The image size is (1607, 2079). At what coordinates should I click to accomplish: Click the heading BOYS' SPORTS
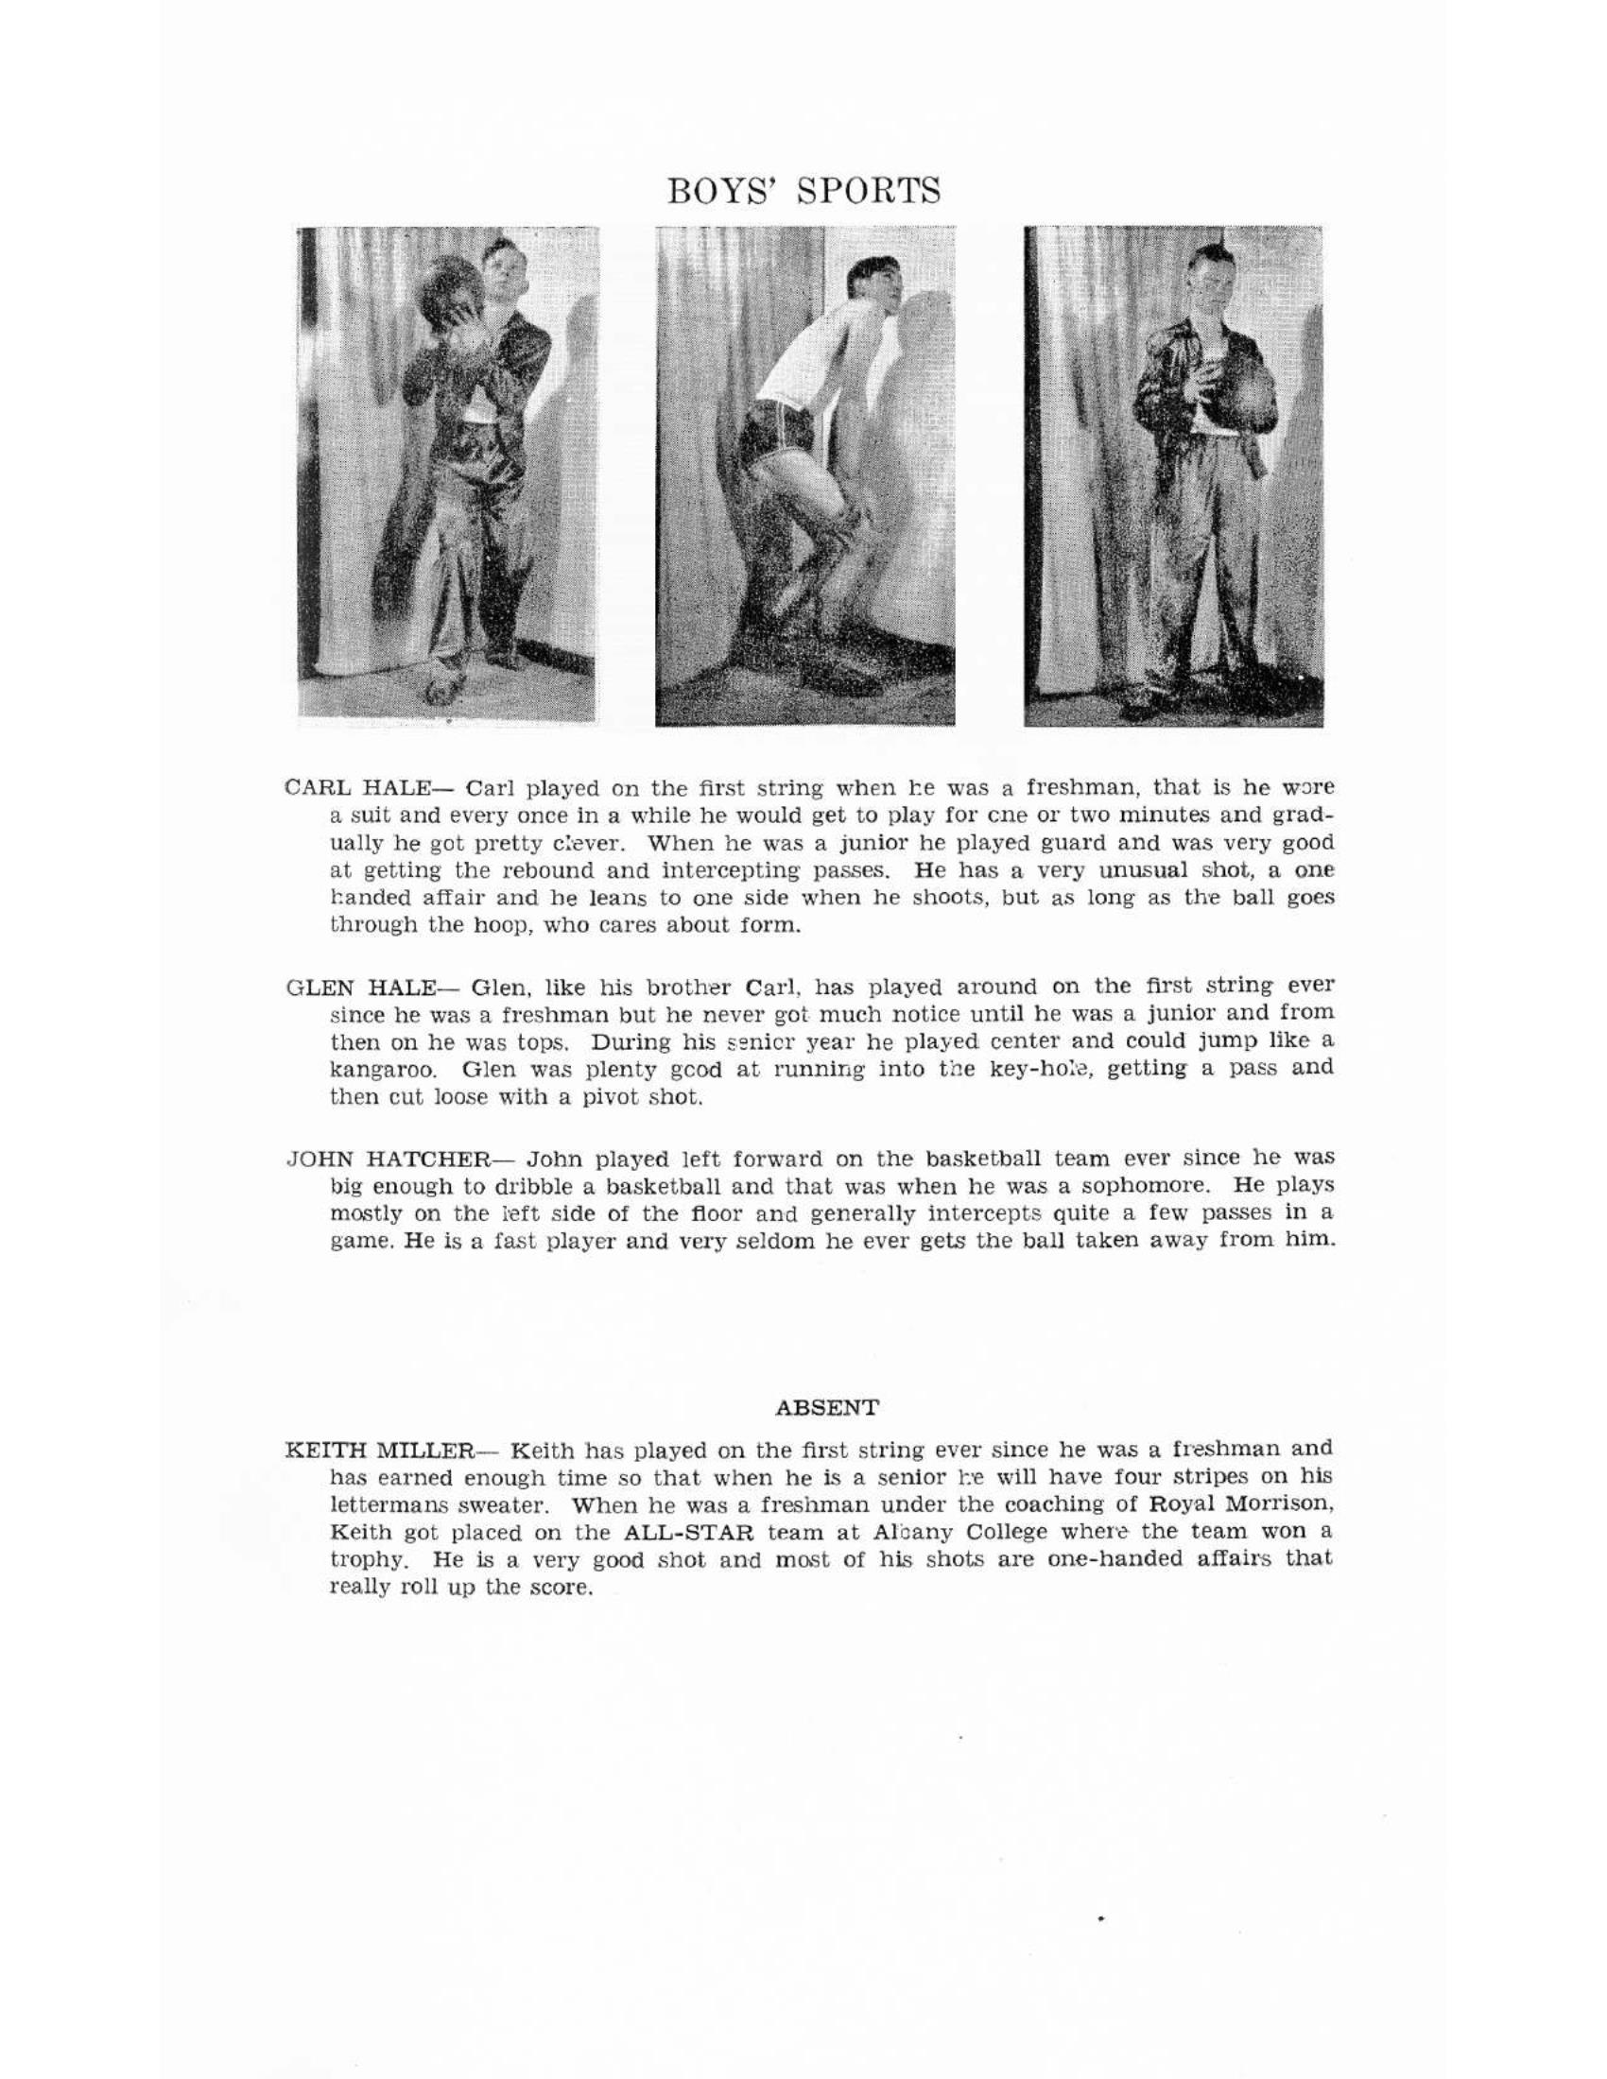coord(803,190)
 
